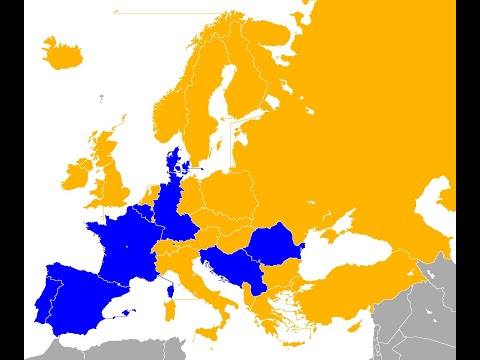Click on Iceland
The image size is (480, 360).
[60, 51]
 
